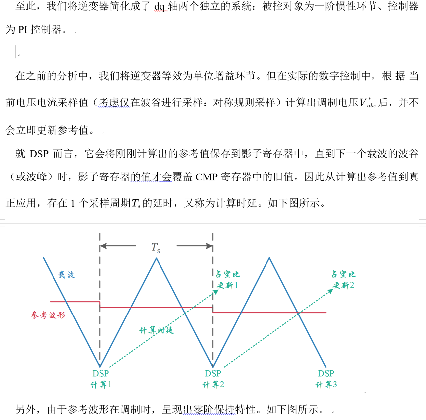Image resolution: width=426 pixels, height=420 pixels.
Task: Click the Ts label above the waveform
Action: click(x=156, y=247)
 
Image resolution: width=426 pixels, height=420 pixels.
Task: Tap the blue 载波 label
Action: click(x=66, y=275)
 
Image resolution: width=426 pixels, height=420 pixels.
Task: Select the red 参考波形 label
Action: click(x=48, y=315)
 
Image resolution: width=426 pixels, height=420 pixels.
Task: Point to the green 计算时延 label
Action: click(x=157, y=330)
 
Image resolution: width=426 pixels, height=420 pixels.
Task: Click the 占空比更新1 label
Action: click(x=227, y=280)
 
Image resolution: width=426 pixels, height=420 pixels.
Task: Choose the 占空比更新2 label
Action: click(x=343, y=280)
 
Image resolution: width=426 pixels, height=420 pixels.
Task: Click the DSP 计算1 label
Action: click(x=101, y=379)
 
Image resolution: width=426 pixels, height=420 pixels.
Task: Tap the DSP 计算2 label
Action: click(x=213, y=379)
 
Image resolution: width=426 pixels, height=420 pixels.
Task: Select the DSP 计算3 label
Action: click(x=326, y=379)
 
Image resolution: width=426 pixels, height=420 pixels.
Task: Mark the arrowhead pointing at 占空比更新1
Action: click(x=216, y=291)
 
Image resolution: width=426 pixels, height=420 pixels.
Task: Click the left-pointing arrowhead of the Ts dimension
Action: click(x=103, y=246)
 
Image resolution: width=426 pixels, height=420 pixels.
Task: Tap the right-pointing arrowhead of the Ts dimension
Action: click(x=210, y=246)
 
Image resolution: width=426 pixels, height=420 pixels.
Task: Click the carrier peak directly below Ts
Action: click(x=156, y=259)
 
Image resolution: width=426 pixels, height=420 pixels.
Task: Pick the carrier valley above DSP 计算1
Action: click(x=100, y=366)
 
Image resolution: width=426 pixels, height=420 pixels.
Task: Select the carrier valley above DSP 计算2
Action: click(x=213, y=366)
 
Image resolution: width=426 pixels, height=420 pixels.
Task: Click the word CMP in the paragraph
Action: click(x=206, y=177)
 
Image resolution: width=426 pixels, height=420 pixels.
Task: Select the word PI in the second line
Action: click(x=23, y=30)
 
